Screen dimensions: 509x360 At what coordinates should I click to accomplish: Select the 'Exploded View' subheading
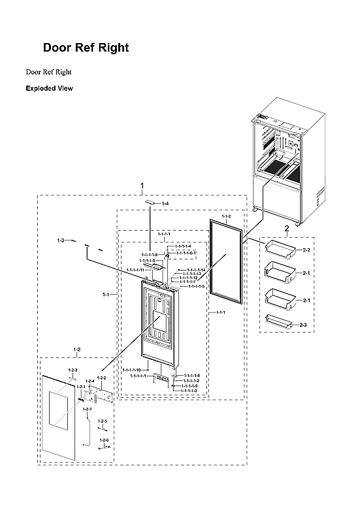tap(49, 88)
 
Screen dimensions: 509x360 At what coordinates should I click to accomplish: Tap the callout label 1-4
tap(165, 205)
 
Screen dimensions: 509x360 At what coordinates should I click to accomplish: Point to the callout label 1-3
tap(60, 241)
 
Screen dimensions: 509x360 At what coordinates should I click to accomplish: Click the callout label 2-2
tap(306, 250)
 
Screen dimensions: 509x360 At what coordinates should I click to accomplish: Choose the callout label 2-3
tap(306, 325)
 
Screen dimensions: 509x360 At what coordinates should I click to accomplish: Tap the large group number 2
tap(286, 228)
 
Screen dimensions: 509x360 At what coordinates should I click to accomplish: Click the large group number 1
tap(142, 187)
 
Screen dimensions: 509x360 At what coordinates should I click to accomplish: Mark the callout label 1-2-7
tap(88, 408)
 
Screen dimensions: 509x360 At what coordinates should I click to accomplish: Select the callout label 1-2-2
tap(101, 378)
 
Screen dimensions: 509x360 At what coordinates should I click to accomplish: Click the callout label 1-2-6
tap(104, 440)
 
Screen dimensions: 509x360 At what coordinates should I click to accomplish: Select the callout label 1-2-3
tap(73, 370)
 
